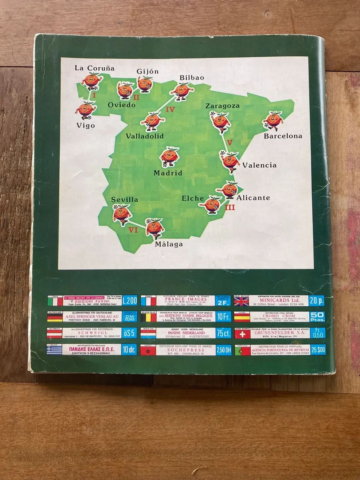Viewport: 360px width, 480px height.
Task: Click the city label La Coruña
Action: click(94, 68)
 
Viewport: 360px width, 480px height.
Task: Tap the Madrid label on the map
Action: click(168, 173)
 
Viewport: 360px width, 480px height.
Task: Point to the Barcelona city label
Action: click(283, 136)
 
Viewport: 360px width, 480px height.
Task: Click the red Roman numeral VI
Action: click(133, 230)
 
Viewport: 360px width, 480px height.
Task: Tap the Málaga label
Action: click(168, 244)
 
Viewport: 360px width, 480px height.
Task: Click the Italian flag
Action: click(54, 301)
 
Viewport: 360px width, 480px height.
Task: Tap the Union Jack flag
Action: click(242, 301)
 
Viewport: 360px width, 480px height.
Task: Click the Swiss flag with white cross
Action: click(242, 334)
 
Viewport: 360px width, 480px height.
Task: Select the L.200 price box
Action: click(130, 301)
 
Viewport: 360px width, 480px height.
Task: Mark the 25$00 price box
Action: click(318, 350)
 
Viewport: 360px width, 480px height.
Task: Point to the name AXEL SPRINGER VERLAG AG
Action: click(88, 316)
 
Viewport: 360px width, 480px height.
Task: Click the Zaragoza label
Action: click(222, 106)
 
